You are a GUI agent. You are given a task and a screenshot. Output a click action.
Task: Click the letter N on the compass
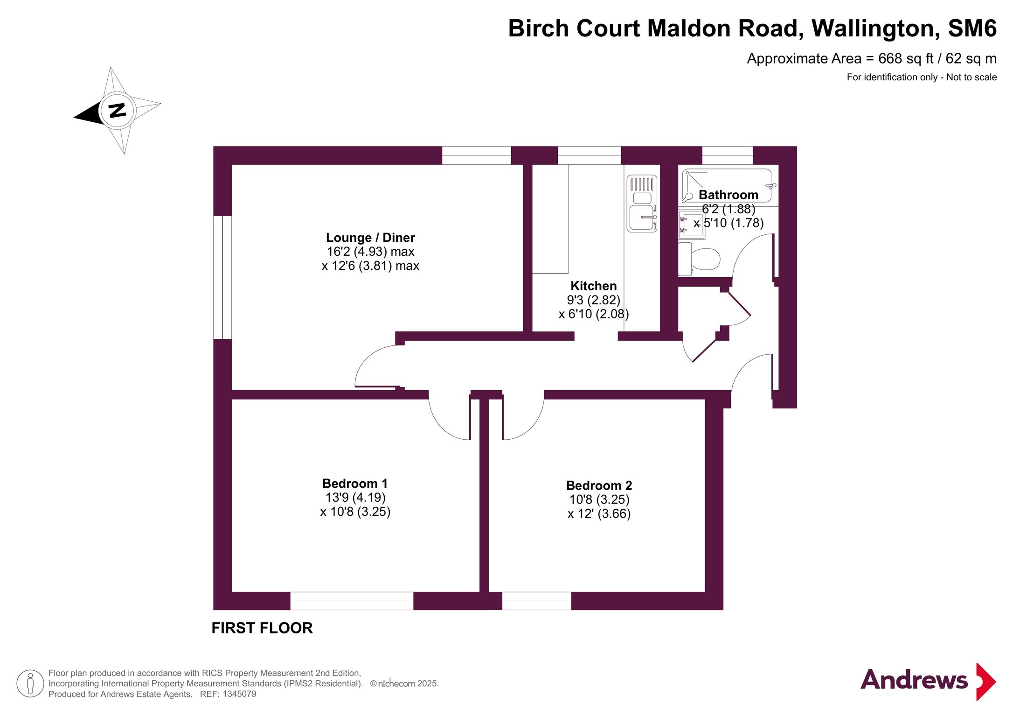coord(117,110)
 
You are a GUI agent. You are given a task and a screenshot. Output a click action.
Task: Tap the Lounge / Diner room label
coord(370,238)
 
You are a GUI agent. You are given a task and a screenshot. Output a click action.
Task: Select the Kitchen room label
coord(593,286)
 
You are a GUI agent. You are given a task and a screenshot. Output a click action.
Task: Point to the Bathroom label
coord(728,195)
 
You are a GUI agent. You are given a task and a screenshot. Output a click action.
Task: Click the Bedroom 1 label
coord(355,483)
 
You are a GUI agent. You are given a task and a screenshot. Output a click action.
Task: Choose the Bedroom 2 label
coord(599,485)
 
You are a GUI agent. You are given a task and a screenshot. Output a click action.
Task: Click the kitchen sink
coord(642,203)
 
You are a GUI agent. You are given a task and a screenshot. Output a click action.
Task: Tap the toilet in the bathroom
coord(699,259)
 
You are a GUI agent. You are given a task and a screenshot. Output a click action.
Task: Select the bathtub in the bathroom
coord(727,185)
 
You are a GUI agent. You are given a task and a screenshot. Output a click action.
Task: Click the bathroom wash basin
coord(691,225)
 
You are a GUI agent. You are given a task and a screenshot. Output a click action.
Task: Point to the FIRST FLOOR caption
coord(262,628)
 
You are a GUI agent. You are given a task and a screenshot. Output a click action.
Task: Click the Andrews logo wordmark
coord(914,680)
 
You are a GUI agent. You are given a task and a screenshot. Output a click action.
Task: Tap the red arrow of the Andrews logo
coord(985,682)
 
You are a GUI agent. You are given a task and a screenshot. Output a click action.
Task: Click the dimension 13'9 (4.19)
coord(355,498)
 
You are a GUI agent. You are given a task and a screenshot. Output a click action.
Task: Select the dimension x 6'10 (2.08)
coord(594,314)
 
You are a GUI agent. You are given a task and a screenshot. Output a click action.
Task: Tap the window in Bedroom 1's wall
coord(352,601)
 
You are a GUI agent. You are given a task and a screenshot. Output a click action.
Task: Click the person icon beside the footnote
coord(30,683)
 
